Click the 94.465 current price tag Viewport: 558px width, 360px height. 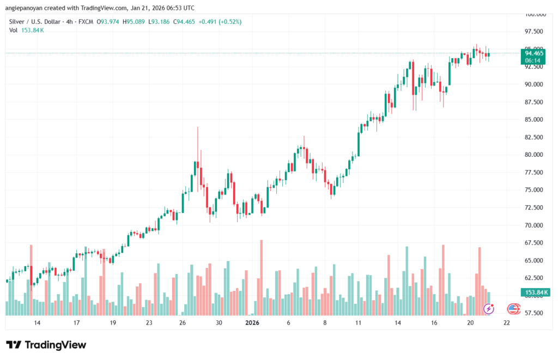coord(534,53)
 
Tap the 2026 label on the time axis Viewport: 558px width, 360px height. coord(252,323)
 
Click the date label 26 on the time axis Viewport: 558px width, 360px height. coord(183,323)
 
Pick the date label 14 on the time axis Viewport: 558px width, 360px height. coord(37,323)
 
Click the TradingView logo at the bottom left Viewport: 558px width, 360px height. coord(46,345)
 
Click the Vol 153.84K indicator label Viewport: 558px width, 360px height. coord(27,30)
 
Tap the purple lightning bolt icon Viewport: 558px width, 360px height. coord(489,309)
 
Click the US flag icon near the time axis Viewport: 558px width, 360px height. coord(513,309)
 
